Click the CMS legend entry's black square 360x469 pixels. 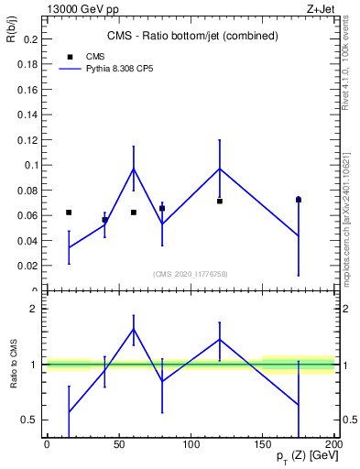pyautogui.click(x=70, y=57)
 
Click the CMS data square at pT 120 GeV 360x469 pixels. pyautogui.click(x=220, y=201)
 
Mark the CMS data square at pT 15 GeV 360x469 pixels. pyautogui.click(x=69, y=213)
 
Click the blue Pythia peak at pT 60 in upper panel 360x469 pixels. pyautogui.click(x=134, y=169)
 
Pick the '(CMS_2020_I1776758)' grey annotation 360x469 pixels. pyautogui.click(x=191, y=273)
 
